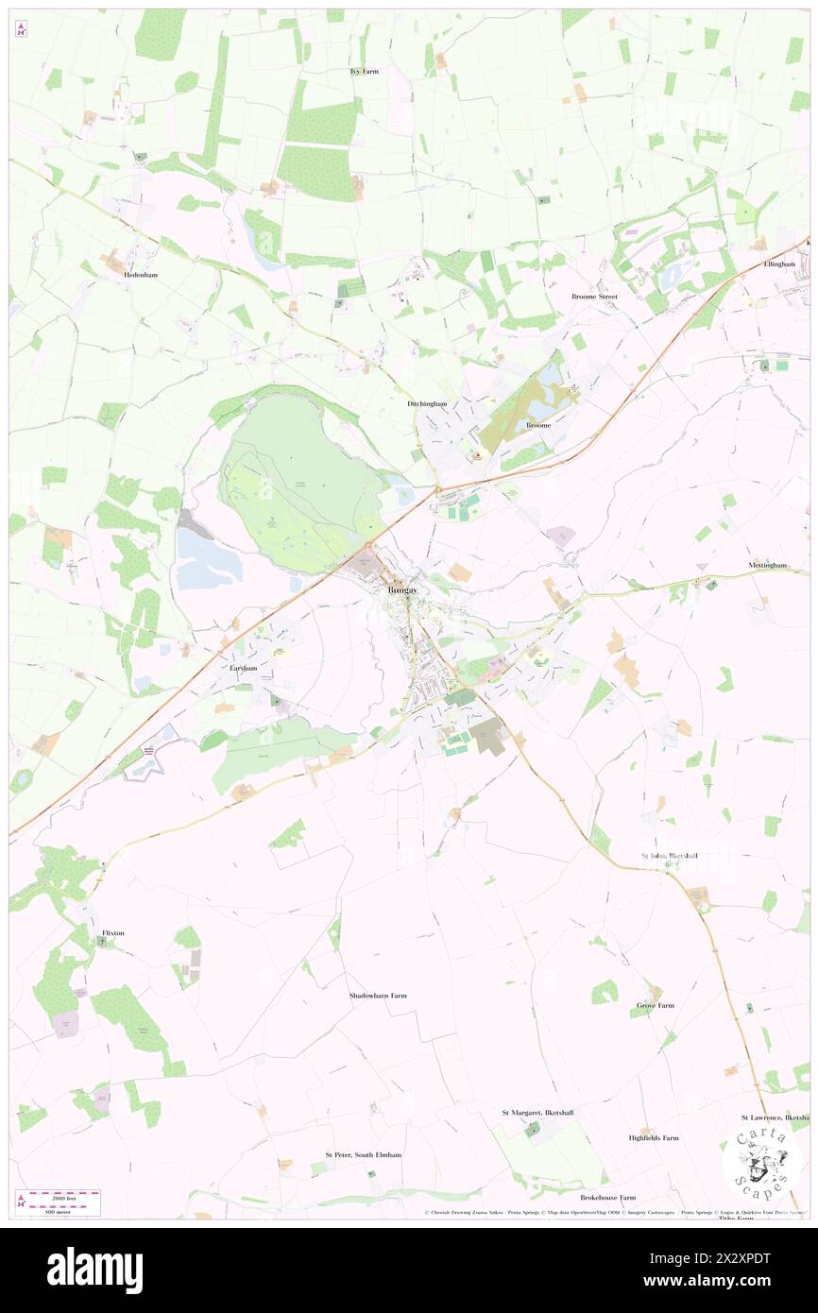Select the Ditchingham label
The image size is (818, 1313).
pos(426,403)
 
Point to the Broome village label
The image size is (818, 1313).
pos(537,426)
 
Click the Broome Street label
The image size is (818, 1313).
pos(594,297)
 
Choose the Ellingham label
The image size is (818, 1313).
pos(780,264)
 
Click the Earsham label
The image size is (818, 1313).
pos(244,668)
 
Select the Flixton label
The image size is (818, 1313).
pos(112,932)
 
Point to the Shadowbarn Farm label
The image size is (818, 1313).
pos(377,996)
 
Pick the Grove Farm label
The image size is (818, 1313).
pos(655,1005)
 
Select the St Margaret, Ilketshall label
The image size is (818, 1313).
pos(537,1113)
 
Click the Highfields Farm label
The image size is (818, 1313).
pos(654,1138)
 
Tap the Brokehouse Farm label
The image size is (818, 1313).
pos(606,1197)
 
